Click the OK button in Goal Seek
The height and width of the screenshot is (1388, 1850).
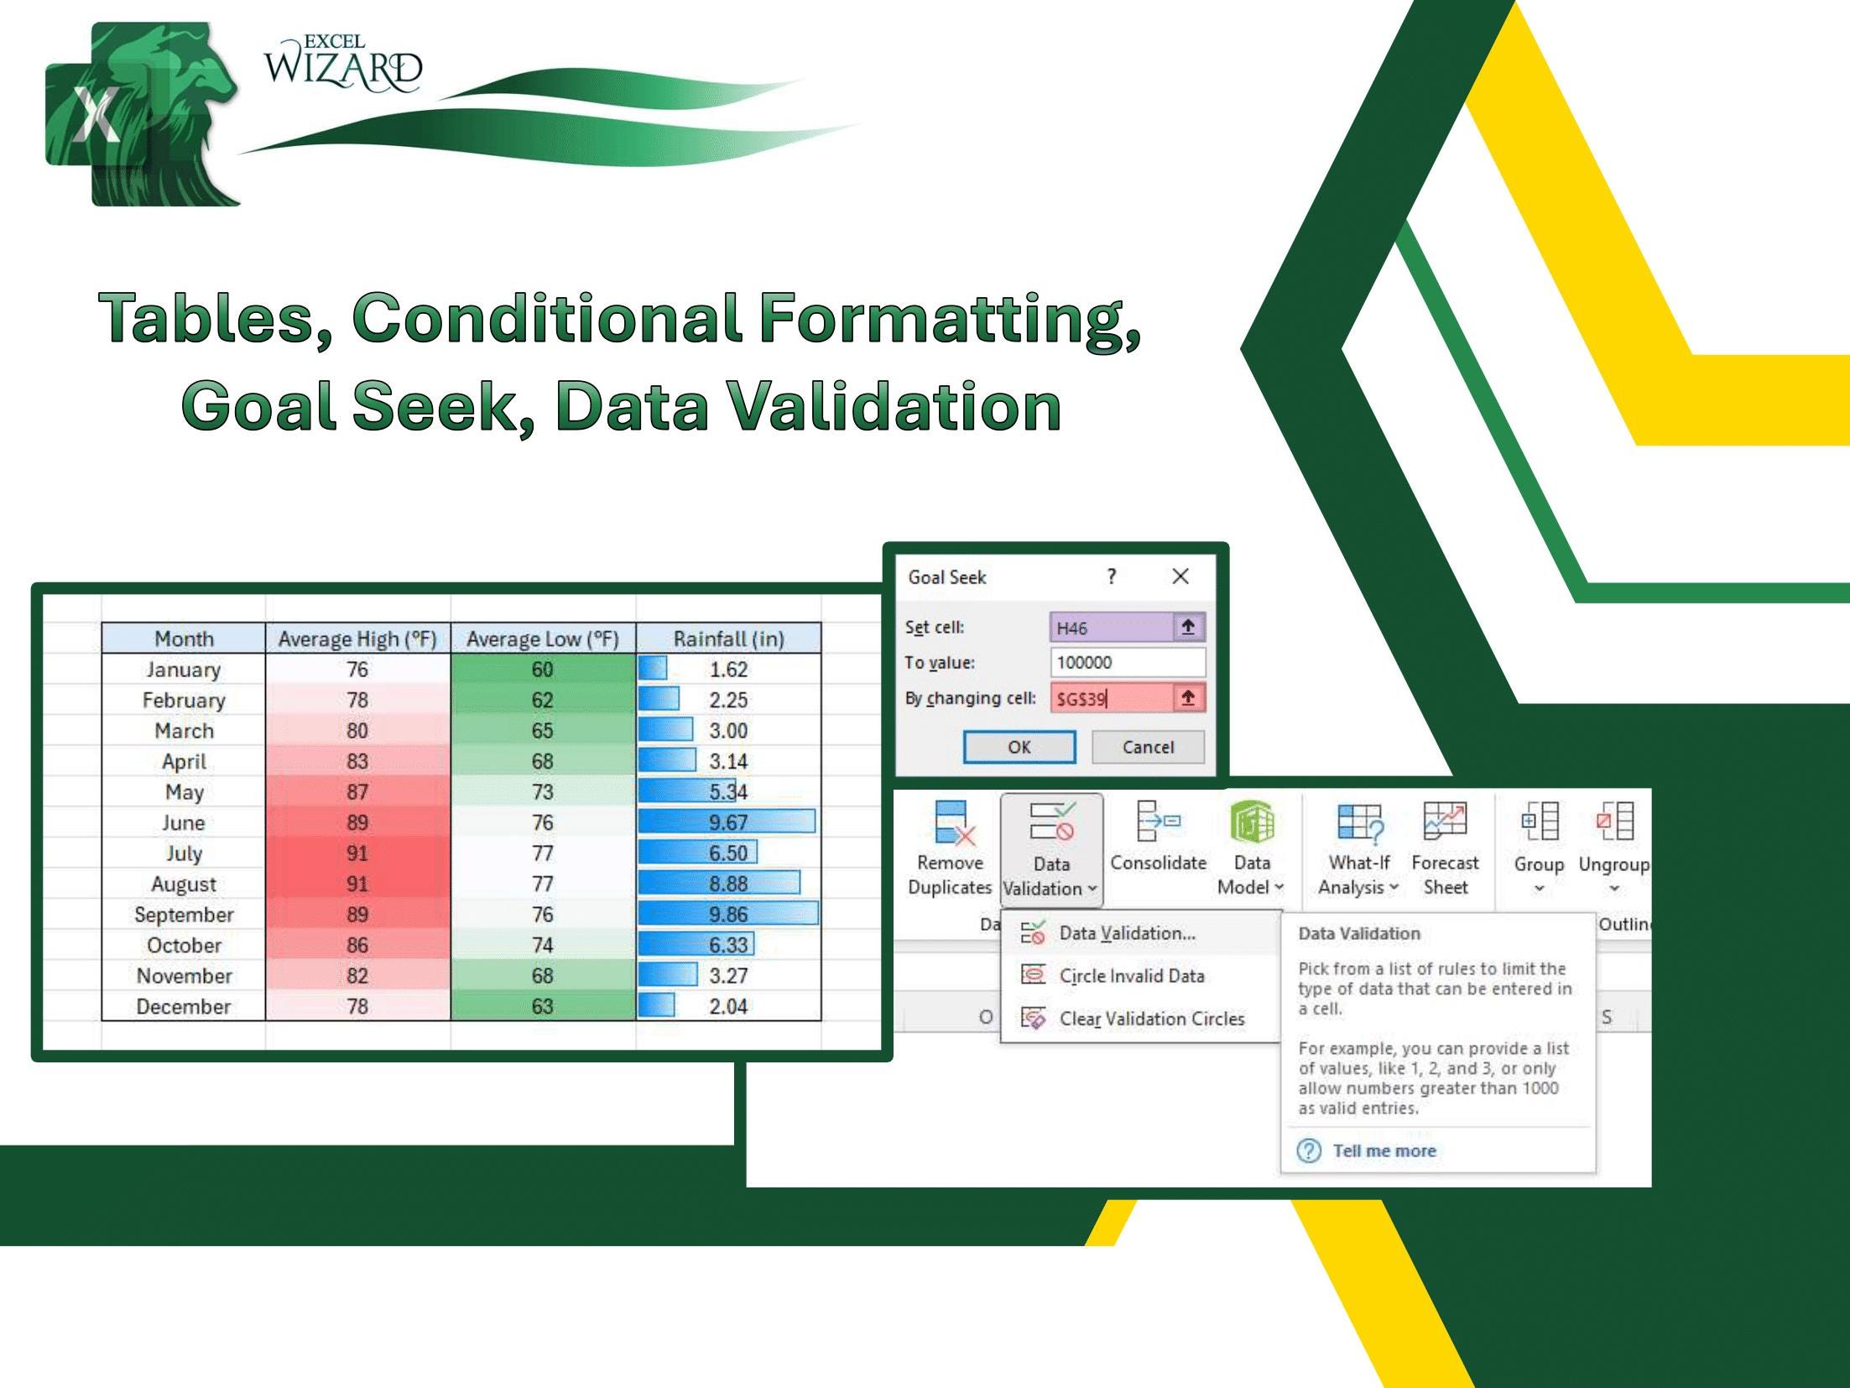1019,747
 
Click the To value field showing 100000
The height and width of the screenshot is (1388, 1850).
1127,662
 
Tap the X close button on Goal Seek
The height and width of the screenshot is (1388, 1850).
1180,577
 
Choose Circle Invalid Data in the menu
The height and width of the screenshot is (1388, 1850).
1131,976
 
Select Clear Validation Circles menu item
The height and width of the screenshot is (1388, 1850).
1151,1019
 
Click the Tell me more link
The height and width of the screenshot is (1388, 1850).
1384,1151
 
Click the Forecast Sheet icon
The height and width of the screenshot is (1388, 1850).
1445,822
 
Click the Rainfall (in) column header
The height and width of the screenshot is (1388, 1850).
728,639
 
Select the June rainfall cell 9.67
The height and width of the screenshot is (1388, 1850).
728,822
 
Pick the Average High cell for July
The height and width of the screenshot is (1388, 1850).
357,853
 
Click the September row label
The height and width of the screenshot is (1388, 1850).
184,915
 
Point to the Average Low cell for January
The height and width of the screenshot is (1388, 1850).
542,670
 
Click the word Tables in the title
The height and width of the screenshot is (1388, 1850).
215,319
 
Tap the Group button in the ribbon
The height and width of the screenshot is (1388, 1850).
1538,843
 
